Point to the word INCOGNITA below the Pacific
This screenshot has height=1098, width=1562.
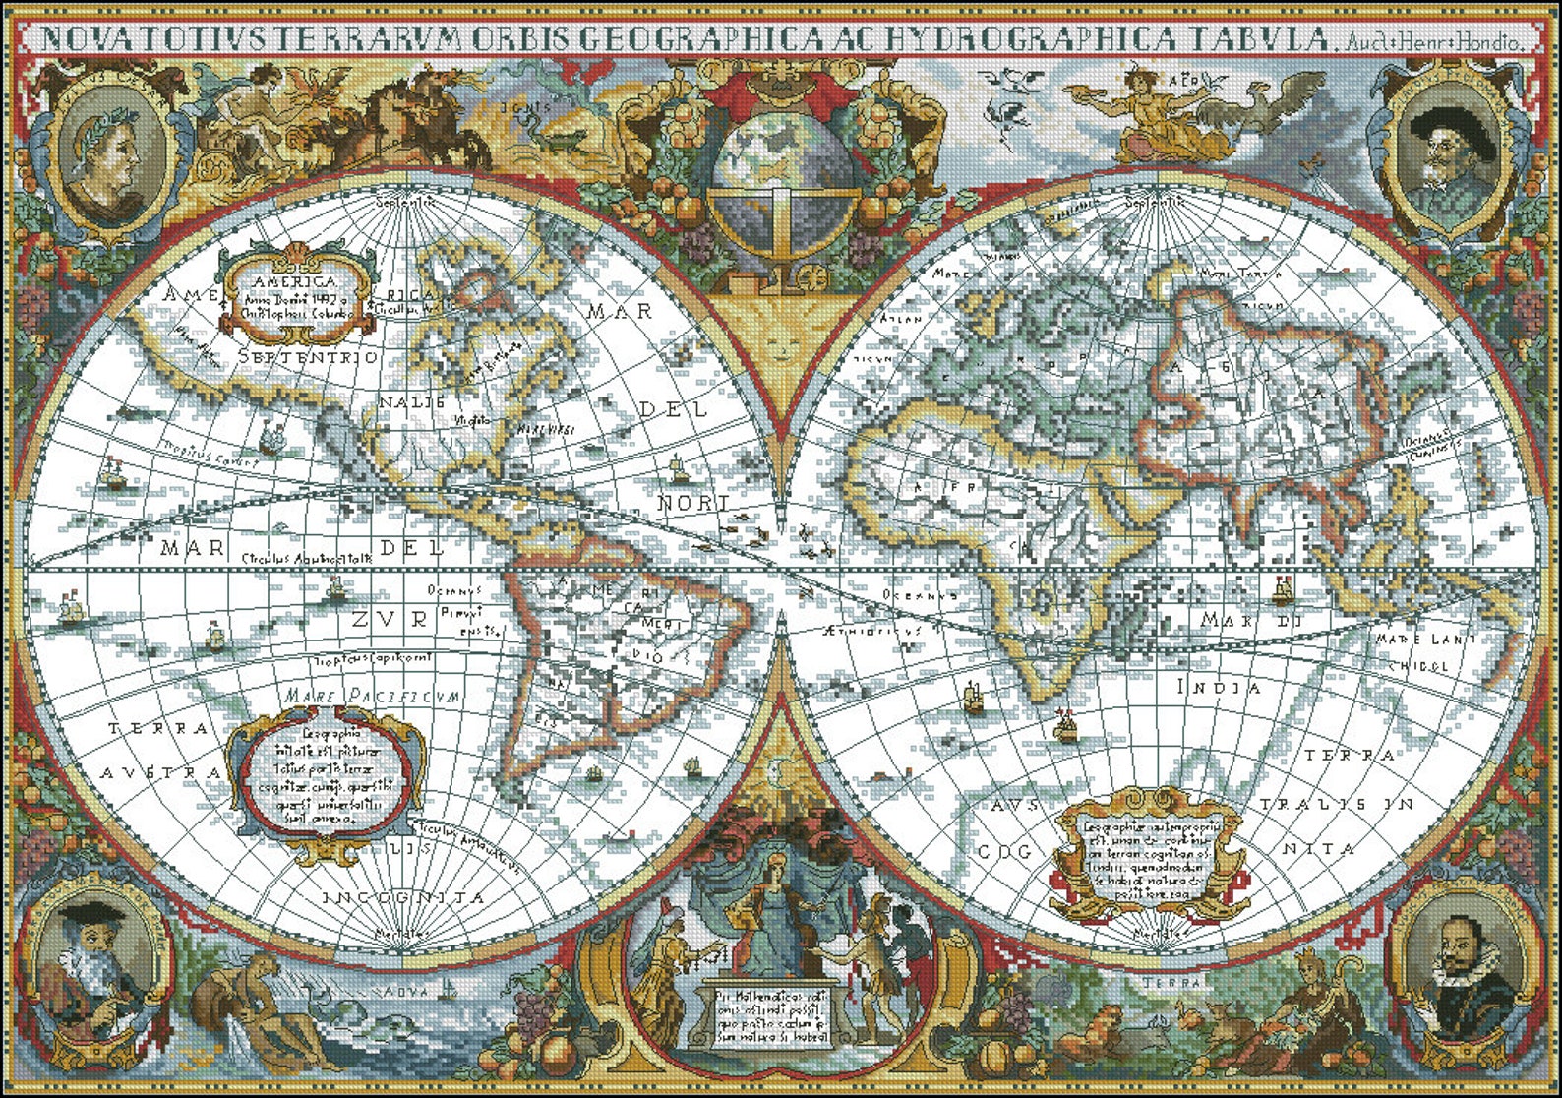(403, 898)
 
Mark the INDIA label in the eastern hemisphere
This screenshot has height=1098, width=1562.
(1218, 688)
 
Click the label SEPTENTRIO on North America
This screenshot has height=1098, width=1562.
(308, 356)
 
